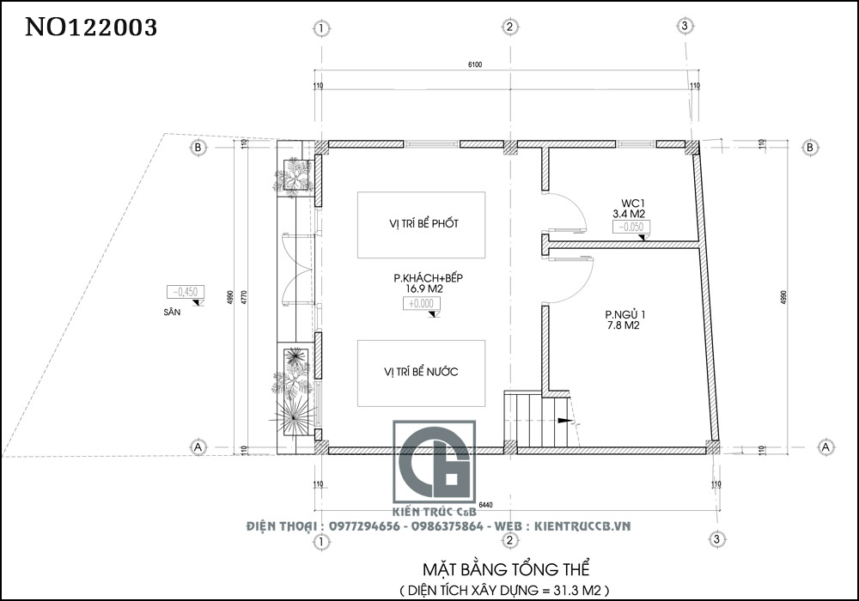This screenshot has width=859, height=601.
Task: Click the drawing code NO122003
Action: (x=91, y=27)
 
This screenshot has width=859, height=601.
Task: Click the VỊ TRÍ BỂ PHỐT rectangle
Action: (x=422, y=224)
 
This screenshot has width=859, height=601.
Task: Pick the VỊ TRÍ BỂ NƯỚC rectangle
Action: (x=422, y=373)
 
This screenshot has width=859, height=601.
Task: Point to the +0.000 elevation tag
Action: (x=420, y=304)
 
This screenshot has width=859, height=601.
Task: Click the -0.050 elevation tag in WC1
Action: (x=631, y=227)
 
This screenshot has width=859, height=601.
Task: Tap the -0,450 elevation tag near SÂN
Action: (x=184, y=291)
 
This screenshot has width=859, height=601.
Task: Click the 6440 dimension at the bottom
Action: (x=487, y=504)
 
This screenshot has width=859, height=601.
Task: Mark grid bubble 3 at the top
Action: (x=684, y=27)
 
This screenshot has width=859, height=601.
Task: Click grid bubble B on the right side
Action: (x=809, y=148)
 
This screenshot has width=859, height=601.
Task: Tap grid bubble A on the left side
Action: (x=198, y=447)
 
